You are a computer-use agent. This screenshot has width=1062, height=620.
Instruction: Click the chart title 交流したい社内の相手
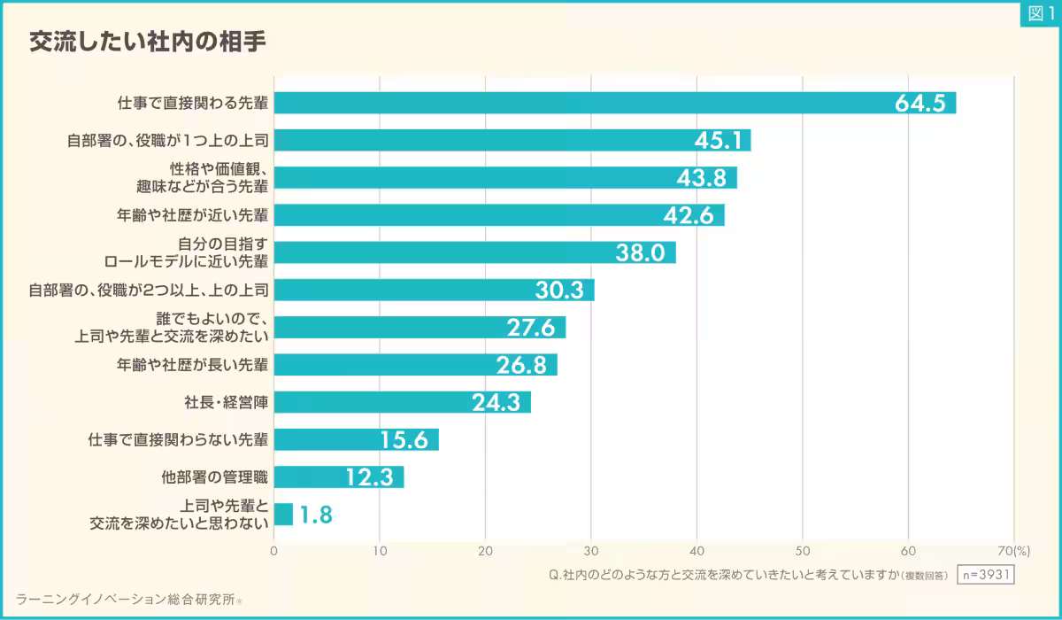pyautogui.click(x=147, y=42)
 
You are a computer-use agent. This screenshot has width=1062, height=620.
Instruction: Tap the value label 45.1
pyautogui.click(x=720, y=141)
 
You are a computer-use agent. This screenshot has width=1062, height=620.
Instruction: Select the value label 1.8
pyautogui.click(x=315, y=515)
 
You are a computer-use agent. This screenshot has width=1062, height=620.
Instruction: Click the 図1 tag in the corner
pyautogui.click(x=1039, y=13)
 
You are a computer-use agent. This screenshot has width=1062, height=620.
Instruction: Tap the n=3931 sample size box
pyautogui.click(x=986, y=574)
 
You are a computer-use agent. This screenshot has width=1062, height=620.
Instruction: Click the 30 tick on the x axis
pyautogui.click(x=591, y=550)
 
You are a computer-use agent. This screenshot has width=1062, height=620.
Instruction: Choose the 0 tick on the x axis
pyautogui.click(x=273, y=550)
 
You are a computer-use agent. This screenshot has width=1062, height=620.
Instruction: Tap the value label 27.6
pyautogui.click(x=530, y=328)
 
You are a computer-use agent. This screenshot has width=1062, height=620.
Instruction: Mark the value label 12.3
pyautogui.click(x=369, y=477)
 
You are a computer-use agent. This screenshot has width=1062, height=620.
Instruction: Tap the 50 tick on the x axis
pyautogui.click(x=803, y=550)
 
